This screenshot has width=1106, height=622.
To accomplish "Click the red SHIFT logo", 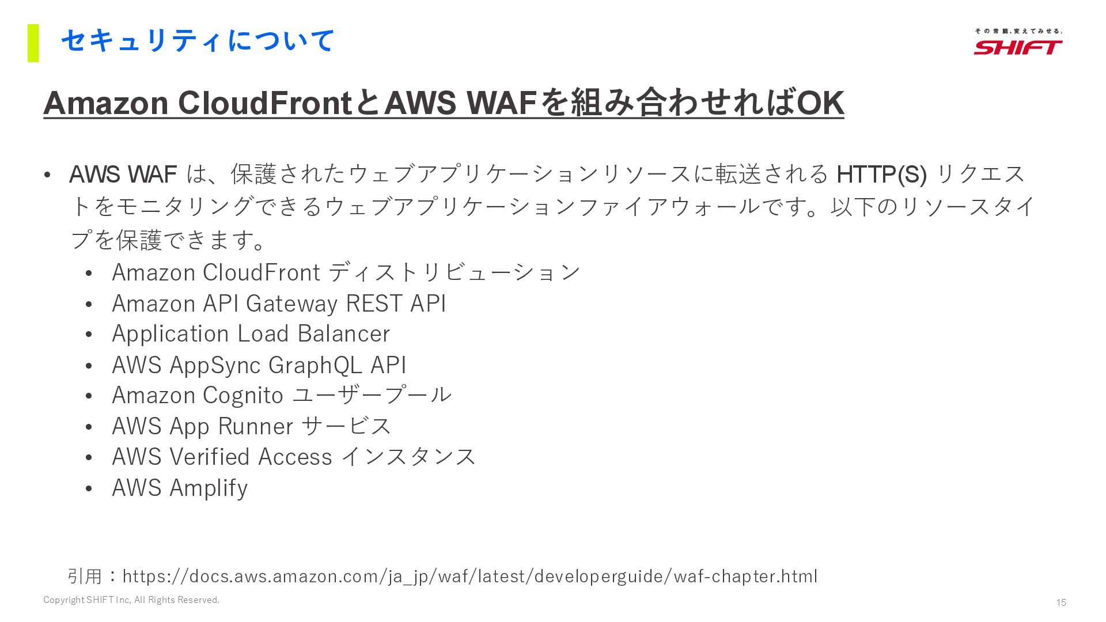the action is click(x=1018, y=47).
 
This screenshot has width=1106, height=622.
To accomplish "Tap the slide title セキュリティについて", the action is click(x=198, y=41).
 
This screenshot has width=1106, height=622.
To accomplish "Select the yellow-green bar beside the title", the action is click(x=33, y=43).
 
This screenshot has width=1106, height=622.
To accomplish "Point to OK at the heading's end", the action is click(x=820, y=103).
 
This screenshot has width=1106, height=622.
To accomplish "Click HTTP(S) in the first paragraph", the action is click(x=881, y=174).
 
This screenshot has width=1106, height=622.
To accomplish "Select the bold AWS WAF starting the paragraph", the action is click(x=123, y=174).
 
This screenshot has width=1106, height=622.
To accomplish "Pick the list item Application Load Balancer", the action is click(x=251, y=334).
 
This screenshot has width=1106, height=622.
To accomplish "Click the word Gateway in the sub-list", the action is click(x=291, y=304).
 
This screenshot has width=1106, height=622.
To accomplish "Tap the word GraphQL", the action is click(x=316, y=365).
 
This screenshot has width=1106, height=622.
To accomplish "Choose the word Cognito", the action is click(x=243, y=396).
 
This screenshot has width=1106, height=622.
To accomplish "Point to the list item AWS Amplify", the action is click(x=180, y=488).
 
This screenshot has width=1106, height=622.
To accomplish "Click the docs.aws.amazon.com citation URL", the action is click(x=469, y=576).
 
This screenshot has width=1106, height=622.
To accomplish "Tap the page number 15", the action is click(x=1061, y=602).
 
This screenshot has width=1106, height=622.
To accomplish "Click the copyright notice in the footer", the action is click(x=131, y=600).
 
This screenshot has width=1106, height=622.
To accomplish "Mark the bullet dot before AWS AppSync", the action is click(x=89, y=366).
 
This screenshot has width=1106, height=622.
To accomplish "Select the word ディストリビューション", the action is click(x=454, y=272).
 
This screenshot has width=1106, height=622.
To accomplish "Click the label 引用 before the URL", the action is click(x=85, y=576).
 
